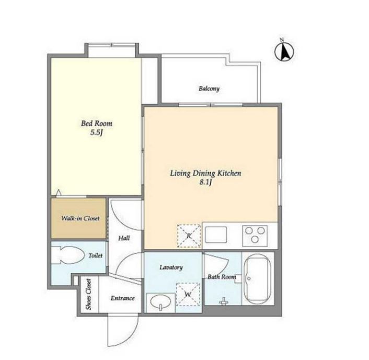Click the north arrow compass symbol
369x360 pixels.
(284, 52)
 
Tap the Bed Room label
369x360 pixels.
(97, 123)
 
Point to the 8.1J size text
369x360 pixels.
(206, 182)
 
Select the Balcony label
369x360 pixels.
(209, 88)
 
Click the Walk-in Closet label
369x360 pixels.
(80, 218)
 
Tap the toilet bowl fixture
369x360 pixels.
(68, 255)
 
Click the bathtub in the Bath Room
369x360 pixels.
(258, 278)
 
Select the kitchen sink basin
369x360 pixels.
(216, 234)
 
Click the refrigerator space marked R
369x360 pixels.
(189, 236)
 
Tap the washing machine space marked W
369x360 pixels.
(188, 294)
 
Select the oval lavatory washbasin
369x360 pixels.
(161, 302)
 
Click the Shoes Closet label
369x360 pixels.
(88, 294)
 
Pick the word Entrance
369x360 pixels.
(123, 298)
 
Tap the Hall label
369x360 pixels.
(124, 238)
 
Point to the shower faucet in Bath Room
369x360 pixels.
(223, 301)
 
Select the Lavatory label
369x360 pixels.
(171, 267)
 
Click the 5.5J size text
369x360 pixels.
(97, 132)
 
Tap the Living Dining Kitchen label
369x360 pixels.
(206, 173)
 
